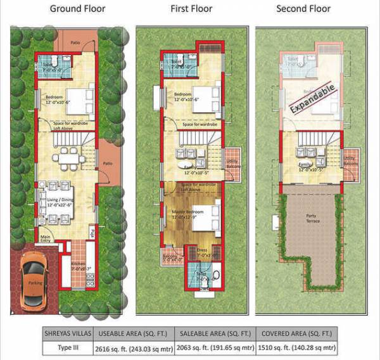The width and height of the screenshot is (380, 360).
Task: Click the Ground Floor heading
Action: [x=77, y=9]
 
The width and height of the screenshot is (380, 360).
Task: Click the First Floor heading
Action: [x=191, y=9]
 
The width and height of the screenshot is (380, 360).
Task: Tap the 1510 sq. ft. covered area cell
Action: [x=297, y=348]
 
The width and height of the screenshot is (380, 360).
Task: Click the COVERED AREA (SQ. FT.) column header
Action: [x=297, y=333]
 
